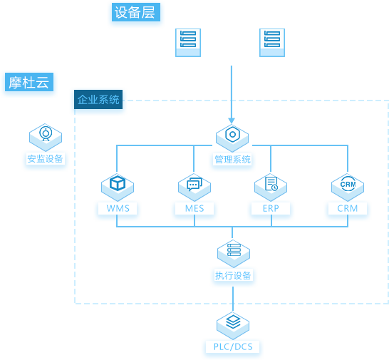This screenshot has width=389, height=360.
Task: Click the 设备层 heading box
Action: pos(136,12)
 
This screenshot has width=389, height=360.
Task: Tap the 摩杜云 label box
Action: pos(29,82)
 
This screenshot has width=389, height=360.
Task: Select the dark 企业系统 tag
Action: pos(98,100)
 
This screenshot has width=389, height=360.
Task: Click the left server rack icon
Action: pos(188,43)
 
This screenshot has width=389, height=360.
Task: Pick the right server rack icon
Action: pos(272,43)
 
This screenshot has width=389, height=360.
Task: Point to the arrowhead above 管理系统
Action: pos(232,120)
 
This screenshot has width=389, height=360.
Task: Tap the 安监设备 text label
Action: pos(45,159)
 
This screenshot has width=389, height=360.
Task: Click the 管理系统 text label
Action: pos(232,160)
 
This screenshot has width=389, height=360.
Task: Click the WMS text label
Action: pos(118,208)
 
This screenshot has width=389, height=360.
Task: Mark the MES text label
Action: pos(194,208)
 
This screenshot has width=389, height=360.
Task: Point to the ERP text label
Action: pos(271,208)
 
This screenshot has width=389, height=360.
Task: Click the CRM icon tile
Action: pos(348,187)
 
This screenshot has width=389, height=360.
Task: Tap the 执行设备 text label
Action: pos(233,275)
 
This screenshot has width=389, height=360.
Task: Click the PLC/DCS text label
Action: pos(233,346)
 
